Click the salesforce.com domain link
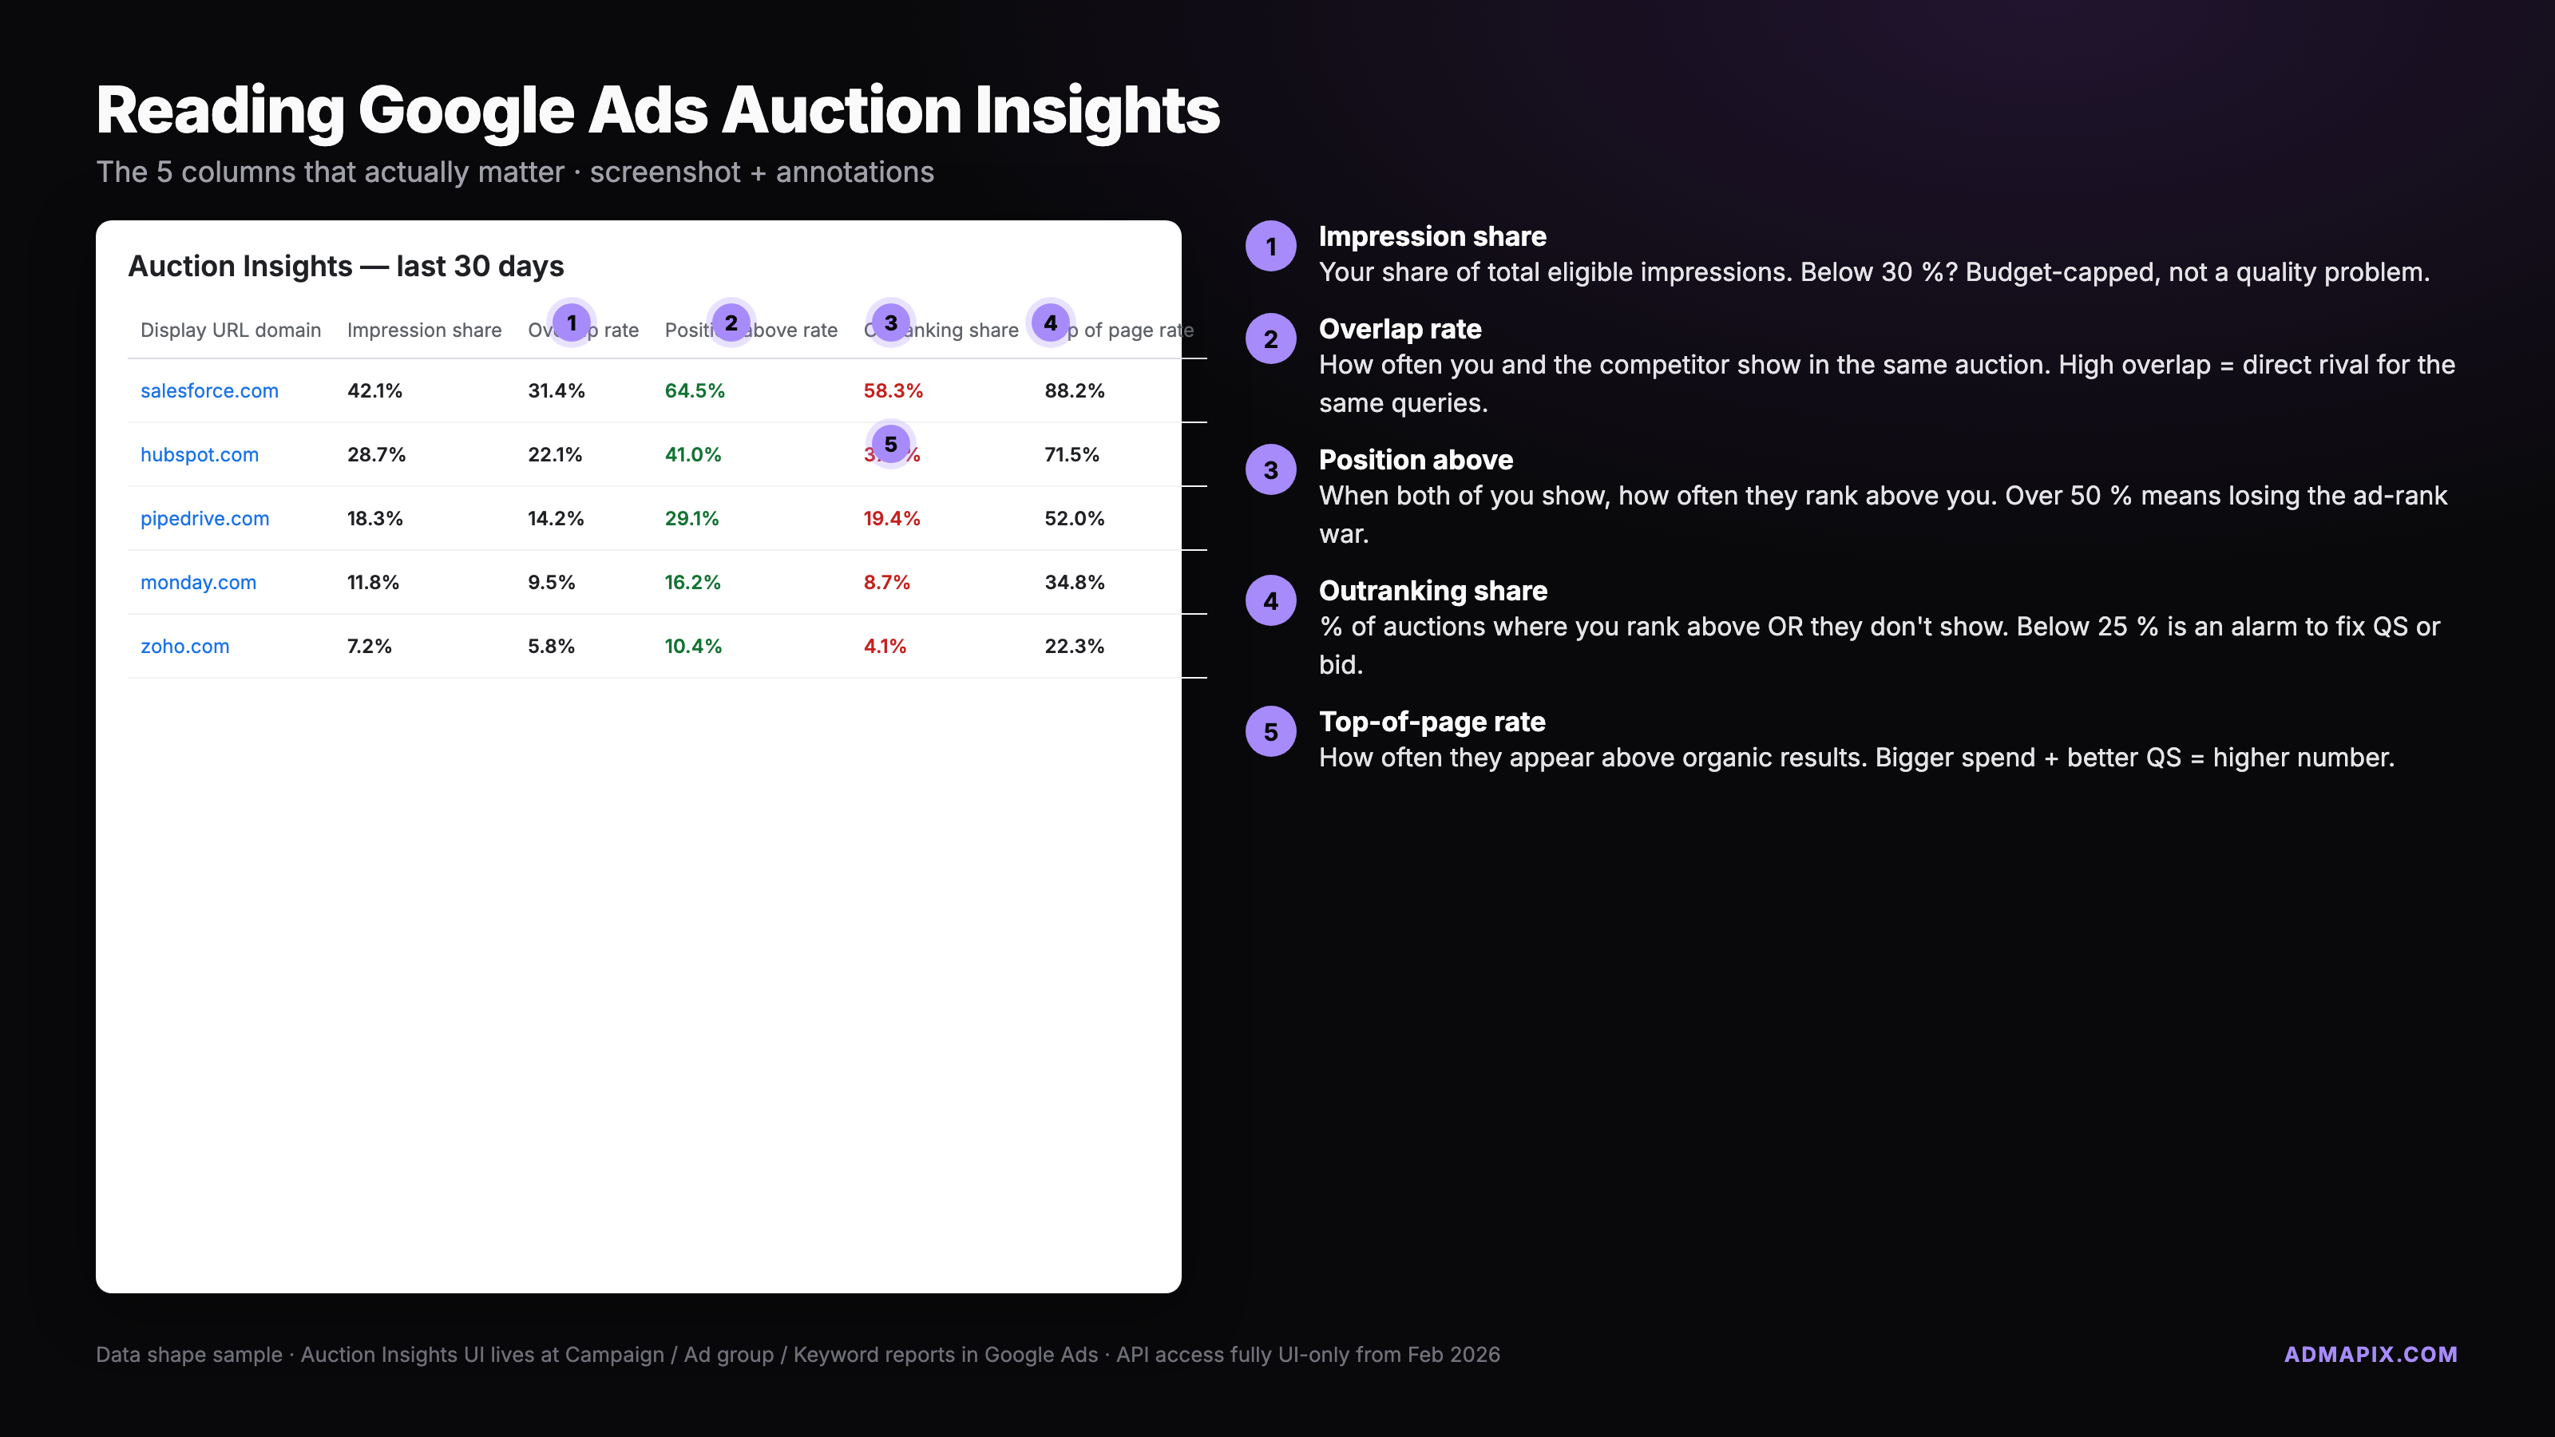click(209, 390)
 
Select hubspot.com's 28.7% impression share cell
click(376, 454)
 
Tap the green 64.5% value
click(695, 390)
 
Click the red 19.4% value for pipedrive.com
click(892, 519)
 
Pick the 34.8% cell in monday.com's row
click(1074, 582)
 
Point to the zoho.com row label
click(184, 647)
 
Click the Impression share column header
click(423, 331)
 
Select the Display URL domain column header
click(230, 331)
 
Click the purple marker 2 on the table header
click(731, 323)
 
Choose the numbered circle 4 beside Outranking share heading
click(1270, 601)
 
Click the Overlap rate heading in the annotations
click(1400, 329)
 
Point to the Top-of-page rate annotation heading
click(1432, 722)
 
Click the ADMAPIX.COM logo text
click(2371, 1355)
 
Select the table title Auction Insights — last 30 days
click(345, 267)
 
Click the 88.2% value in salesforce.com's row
click(1074, 390)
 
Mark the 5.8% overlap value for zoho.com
click(550, 647)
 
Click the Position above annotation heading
click(1416, 460)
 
